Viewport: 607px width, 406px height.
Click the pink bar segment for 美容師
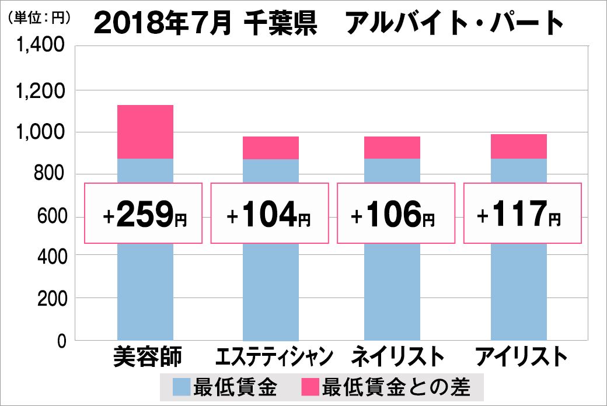(145, 132)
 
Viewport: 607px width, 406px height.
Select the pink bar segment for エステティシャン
(271, 148)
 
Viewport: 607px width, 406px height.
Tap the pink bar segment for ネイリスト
(392, 148)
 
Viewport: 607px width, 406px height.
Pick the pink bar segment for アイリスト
(518, 146)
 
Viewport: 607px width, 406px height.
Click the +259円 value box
(144, 213)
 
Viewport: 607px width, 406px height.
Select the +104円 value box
(270, 213)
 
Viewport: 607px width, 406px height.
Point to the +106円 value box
(395, 213)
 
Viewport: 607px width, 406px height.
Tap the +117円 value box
(522, 213)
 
